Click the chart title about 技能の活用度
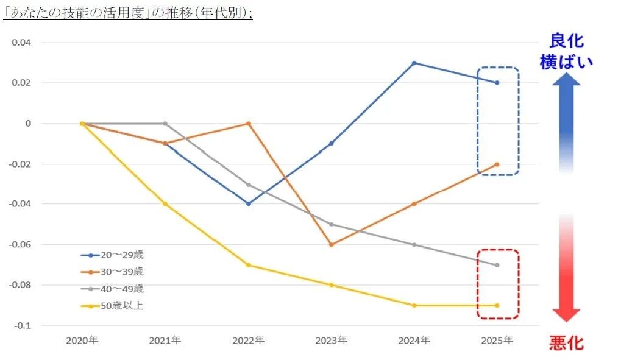pyautogui.click(x=128, y=13)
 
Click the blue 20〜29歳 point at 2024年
pyautogui.click(x=414, y=63)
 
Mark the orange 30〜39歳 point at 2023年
pyautogui.click(x=332, y=244)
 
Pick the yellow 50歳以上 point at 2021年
pyautogui.click(x=165, y=204)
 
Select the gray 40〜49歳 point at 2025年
pyautogui.click(x=497, y=265)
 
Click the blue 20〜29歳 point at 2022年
pyautogui.click(x=248, y=203)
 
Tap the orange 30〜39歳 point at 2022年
pyautogui.click(x=248, y=124)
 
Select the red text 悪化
pyautogui.click(x=566, y=343)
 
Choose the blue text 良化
pyautogui.click(x=566, y=41)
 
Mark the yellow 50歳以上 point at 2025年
pyautogui.click(x=497, y=305)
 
